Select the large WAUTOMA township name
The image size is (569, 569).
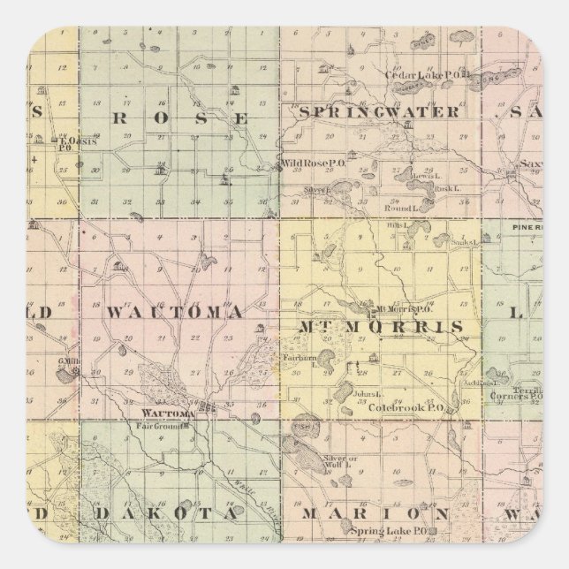pyautogui.click(x=174, y=312)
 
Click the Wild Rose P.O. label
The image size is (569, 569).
pyautogui.click(x=305, y=163)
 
